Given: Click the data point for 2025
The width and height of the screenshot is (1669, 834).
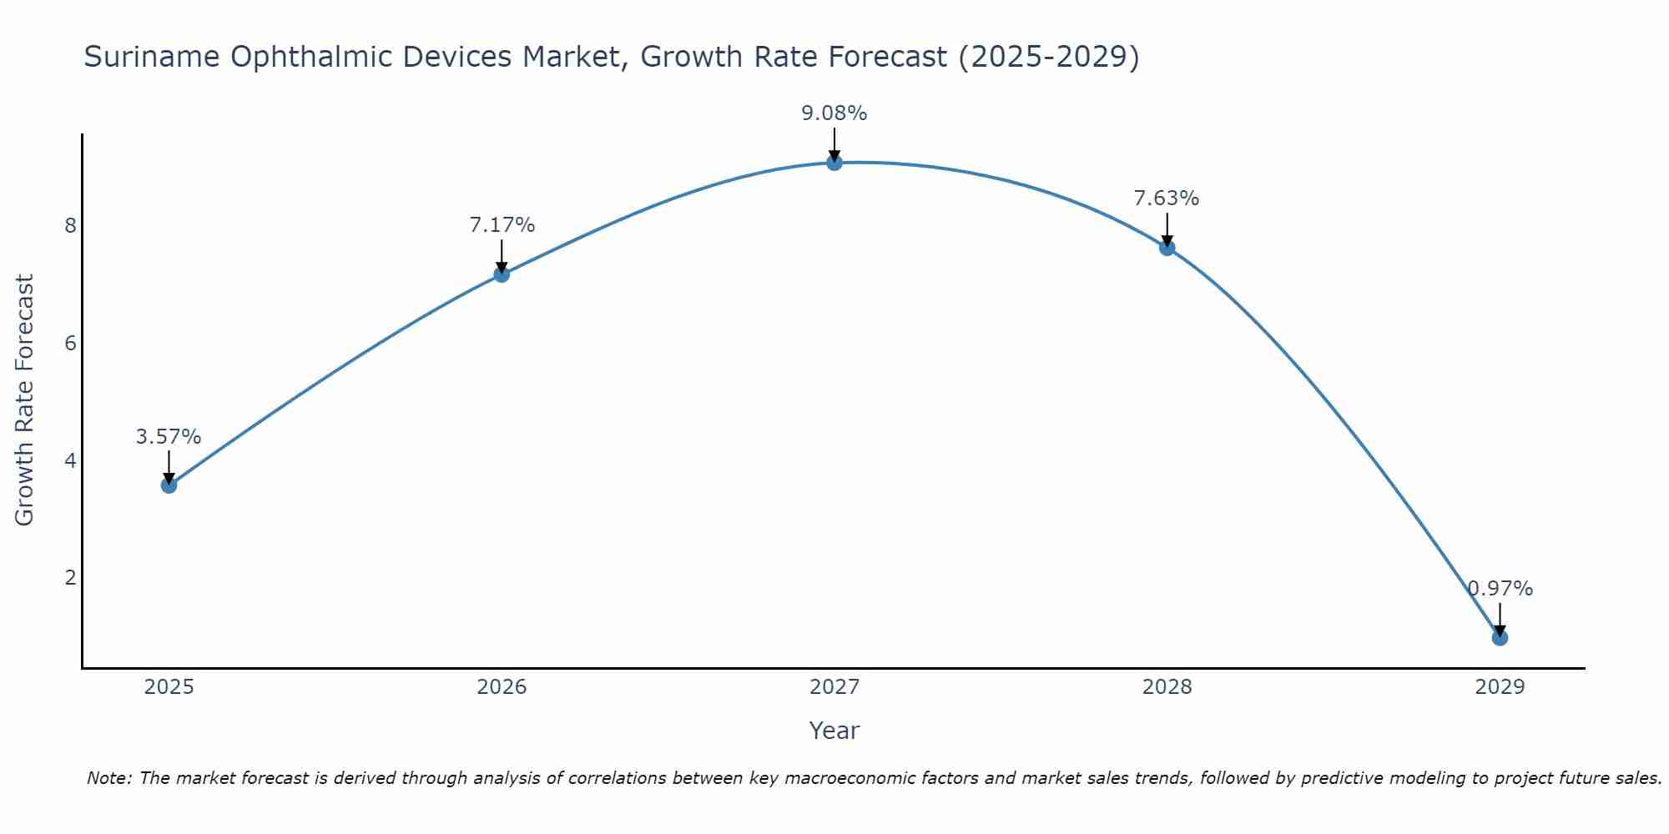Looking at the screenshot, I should pos(169,485).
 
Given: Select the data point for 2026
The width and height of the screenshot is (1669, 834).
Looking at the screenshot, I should pos(502,274).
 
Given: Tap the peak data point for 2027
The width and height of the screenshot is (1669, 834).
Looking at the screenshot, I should pos(834,163).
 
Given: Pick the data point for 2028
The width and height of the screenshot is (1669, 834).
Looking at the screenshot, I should pos(1167,248).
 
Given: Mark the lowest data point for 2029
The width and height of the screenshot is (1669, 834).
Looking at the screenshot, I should pos(1500,638).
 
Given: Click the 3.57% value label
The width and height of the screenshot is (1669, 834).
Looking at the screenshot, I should pos(169,437).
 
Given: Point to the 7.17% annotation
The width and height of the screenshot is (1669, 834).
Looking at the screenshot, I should pos(502,225).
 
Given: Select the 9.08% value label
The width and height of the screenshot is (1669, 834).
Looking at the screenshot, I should pos(834,113).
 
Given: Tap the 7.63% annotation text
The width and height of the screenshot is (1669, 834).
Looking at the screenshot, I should pos(1166,198).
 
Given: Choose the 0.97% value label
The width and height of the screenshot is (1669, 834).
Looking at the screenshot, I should pos(1500,589).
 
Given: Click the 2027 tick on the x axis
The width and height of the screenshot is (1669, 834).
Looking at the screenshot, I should pos(834,687).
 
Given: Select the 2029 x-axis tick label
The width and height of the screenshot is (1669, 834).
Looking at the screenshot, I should pos(1500,687).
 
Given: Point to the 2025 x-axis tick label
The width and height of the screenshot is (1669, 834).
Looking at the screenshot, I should pos(169,687).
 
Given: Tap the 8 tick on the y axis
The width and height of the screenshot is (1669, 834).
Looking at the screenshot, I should pos(70,226).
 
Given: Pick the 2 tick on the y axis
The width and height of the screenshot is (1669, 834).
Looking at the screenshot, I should pos(70,578).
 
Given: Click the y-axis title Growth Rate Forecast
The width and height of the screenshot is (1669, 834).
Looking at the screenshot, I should pos(25,400).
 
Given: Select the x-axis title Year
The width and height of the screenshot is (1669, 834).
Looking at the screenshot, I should pos(834,731).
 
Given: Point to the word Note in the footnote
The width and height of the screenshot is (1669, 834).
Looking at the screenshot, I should pos(108,778).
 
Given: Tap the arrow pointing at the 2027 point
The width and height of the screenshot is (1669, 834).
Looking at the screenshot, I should pos(834,143).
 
